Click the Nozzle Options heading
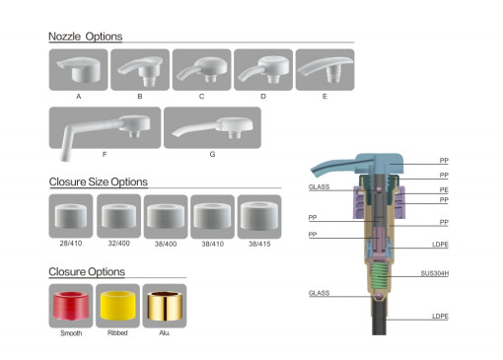tap(86, 36)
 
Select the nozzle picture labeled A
tap(78, 70)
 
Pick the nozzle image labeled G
tap(212, 127)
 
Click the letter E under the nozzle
tap(324, 97)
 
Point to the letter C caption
tap(201, 97)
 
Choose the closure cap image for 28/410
tap(71, 216)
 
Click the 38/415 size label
tap(259, 244)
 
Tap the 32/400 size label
tap(119, 244)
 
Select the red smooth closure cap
tap(71, 306)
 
